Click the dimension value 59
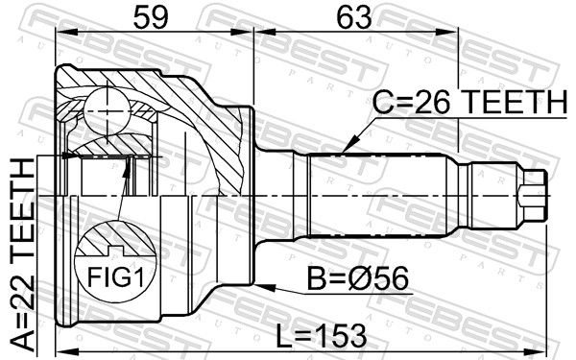151,17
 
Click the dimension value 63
354,17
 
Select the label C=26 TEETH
469,102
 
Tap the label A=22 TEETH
23,254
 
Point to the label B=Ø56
357,278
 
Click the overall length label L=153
321,335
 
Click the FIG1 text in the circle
114,276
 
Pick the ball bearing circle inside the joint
107,110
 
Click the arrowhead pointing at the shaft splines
349,144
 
